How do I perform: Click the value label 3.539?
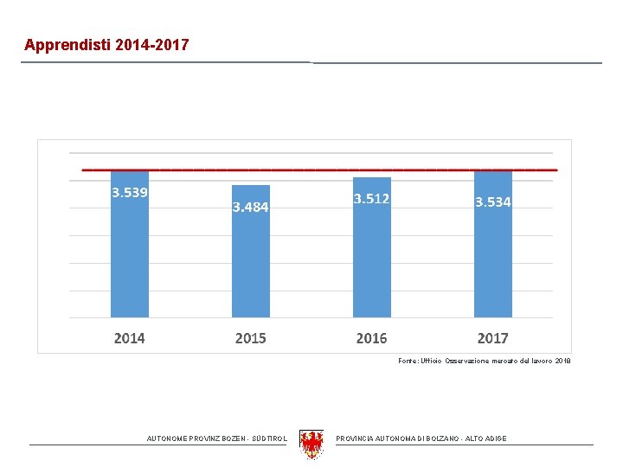[x=130, y=192]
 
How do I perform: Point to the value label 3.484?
[x=251, y=208]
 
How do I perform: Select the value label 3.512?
[x=371, y=199]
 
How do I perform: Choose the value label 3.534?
[x=492, y=202]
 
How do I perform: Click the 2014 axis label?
[x=130, y=337]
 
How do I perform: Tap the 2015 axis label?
[x=251, y=337]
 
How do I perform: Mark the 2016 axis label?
[x=371, y=337]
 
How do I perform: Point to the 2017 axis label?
[x=492, y=337]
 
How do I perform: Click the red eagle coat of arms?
[x=311, y=444]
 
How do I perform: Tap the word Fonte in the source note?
[x=409, y=360]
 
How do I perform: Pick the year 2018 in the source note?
[x=562, y=360]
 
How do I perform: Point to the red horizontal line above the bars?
[x=319, y=170]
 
